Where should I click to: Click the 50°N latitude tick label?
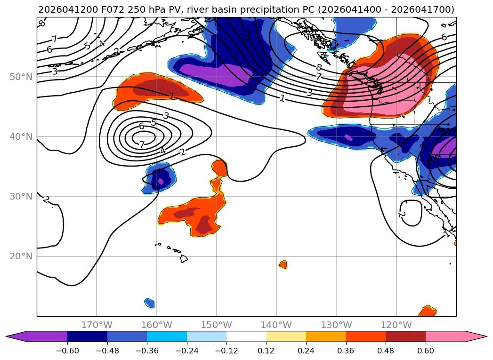pos(21,77)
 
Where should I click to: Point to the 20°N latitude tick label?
pos(21,256)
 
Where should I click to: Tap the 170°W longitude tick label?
pos(97,325)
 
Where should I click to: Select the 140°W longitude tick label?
pos(276,325)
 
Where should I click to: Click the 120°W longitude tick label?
pos(396,325)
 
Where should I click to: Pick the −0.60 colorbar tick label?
pos(67,351)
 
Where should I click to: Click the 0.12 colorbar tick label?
pos(267,351)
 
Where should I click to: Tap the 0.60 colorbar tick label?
pos(425,351)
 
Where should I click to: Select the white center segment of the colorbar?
pos(247,336)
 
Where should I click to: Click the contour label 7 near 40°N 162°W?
pos(142,144)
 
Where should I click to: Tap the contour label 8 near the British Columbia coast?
pos(319,67)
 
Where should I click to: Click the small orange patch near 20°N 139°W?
pos(283,264)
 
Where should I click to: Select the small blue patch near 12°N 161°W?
pos(150,303)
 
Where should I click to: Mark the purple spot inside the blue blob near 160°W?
pos(161,181)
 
